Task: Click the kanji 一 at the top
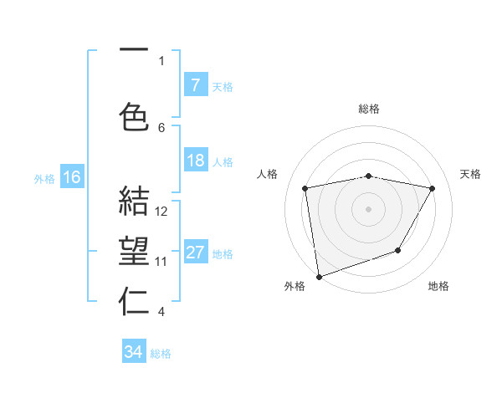(134, 52)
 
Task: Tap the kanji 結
(134, 202)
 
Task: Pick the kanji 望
(134, 253)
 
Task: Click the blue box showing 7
(195, 84)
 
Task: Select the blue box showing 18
(195, 161)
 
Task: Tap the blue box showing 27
(195, 253)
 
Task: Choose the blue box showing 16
(71, 176)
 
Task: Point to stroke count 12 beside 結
(162, 212)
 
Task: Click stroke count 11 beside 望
(162, 262)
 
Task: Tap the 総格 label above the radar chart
(369, 109)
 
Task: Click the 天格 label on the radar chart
(470, 174)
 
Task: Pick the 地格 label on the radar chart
(438, 286)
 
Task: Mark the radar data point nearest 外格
(318, 276)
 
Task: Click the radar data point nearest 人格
(305, 188)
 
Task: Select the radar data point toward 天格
(432, 188)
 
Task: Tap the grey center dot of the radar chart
(369, 208)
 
